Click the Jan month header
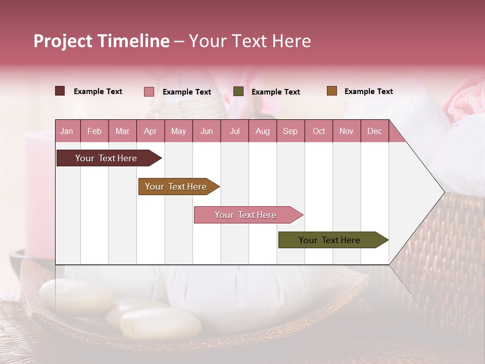tap(67, 131)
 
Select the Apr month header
tap(150, 131)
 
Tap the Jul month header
tap(234, 131)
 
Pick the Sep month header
tap(290, 131)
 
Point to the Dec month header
tap(374, 131)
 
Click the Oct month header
tap(319, 131)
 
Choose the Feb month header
tap(94, 131)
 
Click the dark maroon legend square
tap(60, 91)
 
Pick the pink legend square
tap(149, 92)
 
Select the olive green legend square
tap(238, 92)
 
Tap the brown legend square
tap(332, 91)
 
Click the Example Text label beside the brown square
tap(368, 92)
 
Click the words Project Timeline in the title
tap(101, 41)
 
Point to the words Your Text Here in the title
tap(250, 41)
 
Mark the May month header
tap(178, 131)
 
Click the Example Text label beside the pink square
tap(186, 92)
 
